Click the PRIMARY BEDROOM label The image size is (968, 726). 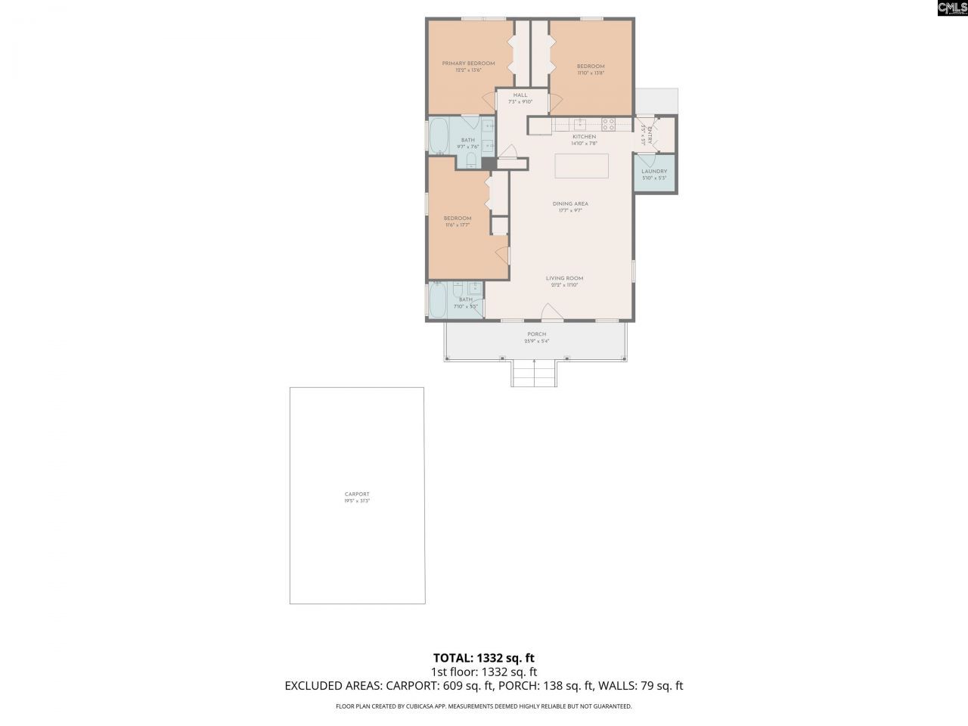[x=468, y=64]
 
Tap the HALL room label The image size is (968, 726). [x=520, y=95]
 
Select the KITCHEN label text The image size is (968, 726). [x=584, y=137]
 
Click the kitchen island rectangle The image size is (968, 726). [x=582, y=166]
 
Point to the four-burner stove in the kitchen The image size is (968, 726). [x=607, y=124]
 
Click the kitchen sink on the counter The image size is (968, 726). [x=579, y=124]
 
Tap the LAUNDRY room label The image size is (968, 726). [x=654, y=172]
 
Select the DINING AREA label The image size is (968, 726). [x=570, y=203]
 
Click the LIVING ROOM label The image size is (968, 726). [x=564, y=278]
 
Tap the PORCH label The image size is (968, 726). [x=536, y=334]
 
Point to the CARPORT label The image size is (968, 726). [x=357, y=494]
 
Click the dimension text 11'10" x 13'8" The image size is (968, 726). [x=591, y=73]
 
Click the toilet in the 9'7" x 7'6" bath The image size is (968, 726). [x=471, y=160]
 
